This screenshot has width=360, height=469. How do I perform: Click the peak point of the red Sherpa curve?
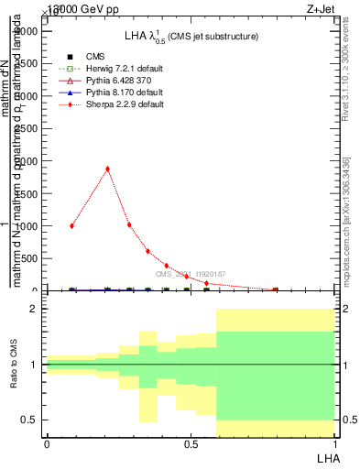(x=108, y=169)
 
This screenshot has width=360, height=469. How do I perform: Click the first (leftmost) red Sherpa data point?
(x=72, y=225)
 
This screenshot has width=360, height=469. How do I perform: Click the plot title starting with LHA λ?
(x=191, y=36)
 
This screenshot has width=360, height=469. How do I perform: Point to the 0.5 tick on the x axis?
(x=191, y=444)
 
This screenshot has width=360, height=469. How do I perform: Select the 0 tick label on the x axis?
(x=47, y=444)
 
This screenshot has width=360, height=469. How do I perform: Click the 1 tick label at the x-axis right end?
(x=333, y=444)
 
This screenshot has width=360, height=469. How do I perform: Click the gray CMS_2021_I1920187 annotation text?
(x=191, y=274)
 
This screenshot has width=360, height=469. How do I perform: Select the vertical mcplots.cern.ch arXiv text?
(x=345, y=220)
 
